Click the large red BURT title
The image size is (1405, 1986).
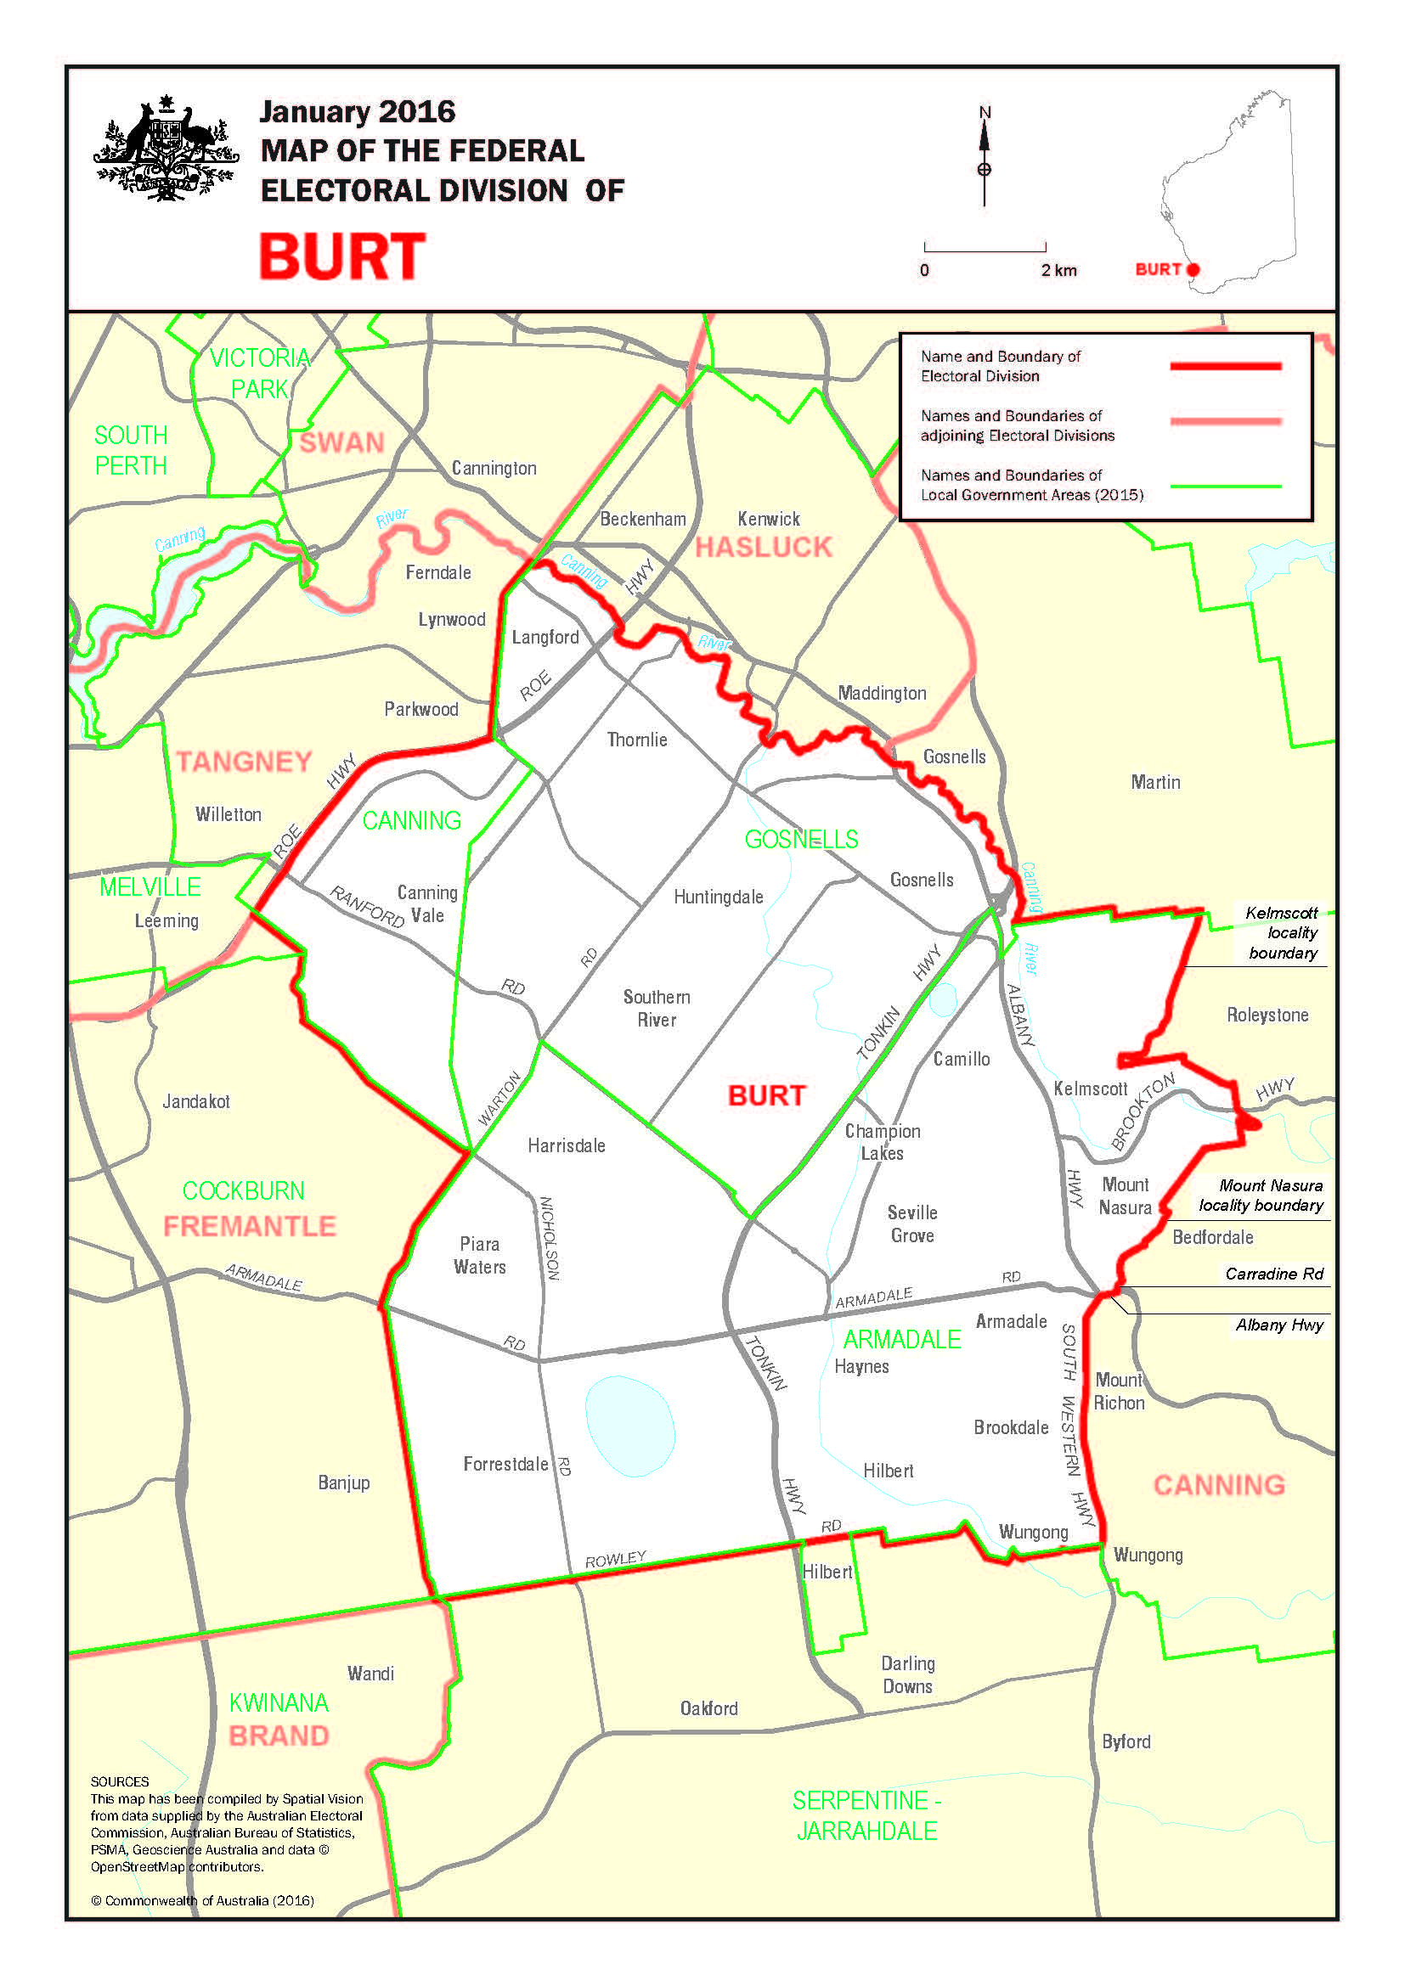pos(342,257)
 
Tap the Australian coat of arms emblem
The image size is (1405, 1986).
pos(166,149)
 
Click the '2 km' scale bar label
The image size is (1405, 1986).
pos(1059,270)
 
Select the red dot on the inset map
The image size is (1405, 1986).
pos(1193,269)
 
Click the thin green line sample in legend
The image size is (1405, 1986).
pos(1225,487)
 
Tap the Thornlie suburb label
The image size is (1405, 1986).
pos(637,740)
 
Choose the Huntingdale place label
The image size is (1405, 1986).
pos(718,897)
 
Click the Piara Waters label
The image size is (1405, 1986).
pos(479,1255)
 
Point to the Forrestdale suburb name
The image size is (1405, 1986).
pos(505,1464)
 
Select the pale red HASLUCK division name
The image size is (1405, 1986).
pos(763,548)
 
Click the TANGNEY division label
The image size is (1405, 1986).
pos(244,761)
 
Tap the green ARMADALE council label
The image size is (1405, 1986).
pos(901,1339)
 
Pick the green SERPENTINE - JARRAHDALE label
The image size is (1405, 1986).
pos(867,1815)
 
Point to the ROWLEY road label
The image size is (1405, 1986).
pos(615,1559)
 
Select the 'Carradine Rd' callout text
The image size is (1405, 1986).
pos(1273,1274)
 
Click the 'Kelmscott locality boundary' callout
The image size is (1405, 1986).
pos(1282,932)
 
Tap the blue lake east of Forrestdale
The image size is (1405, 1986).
pos(629,1426)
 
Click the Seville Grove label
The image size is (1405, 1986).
pos(911,1224)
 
